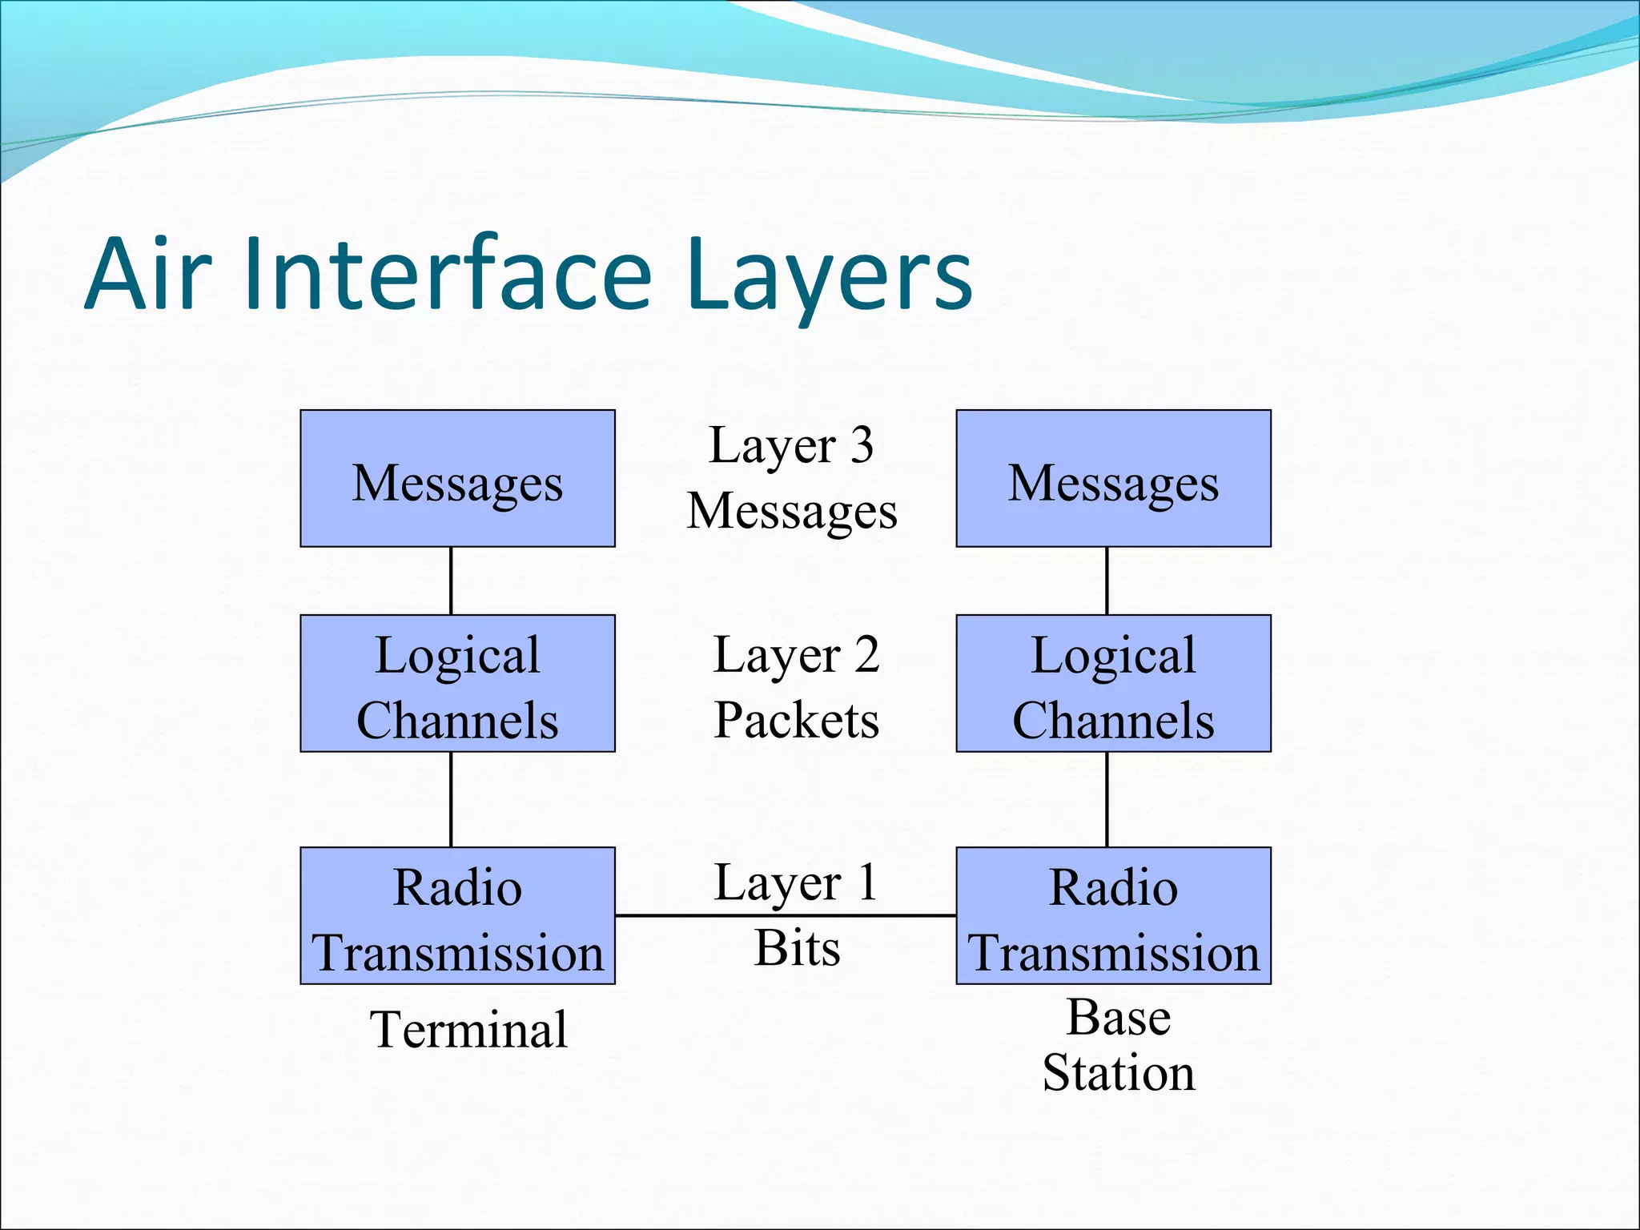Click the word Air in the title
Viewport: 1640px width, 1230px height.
point(148,274)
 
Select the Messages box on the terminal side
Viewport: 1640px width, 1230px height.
point(457,479)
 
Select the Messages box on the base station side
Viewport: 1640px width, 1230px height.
point(1113,479)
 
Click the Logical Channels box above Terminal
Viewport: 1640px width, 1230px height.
point(457,684)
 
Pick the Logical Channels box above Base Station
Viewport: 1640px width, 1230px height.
point(1113,684)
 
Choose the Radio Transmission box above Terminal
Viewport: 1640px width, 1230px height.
point(457,915)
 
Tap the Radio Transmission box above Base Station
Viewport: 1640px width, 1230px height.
point(1113,915)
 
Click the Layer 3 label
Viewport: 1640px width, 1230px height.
point(791,446)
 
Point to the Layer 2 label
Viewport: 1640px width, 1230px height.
point(796,655)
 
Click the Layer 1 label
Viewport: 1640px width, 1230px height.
point(796,883)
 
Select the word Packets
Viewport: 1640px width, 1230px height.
point(796,720)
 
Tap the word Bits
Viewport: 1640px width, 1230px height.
point(797,948)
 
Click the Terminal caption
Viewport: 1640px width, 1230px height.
point(468,1030)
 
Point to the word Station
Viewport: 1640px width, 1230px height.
point(1118,1073)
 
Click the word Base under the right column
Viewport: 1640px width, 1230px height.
point(1119,1018)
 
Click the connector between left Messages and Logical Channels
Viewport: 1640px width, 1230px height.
point(451,581)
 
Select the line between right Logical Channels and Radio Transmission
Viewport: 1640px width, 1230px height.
point(1107,799)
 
